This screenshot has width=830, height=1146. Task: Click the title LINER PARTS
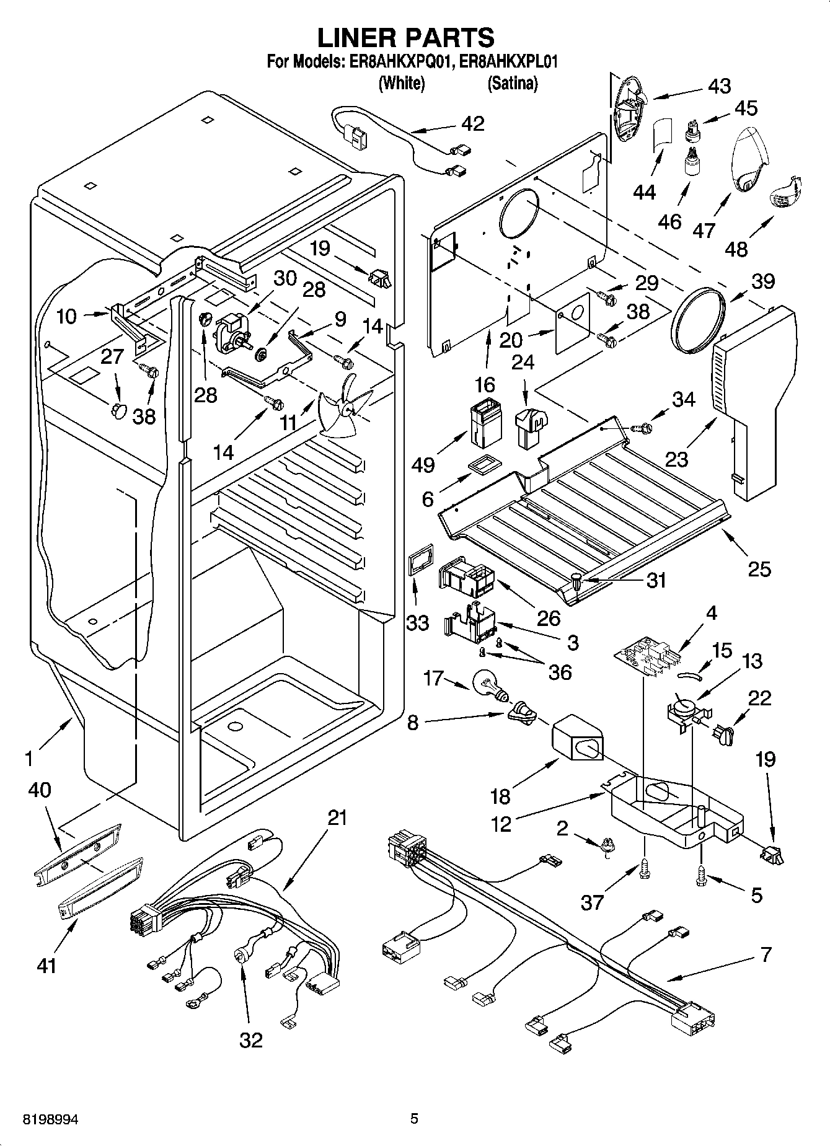(406, 38)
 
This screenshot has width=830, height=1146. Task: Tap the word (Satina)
(512, 83)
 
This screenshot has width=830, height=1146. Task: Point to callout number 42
(473, 123)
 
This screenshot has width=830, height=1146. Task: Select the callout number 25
(759, 568)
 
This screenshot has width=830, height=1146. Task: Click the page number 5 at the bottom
(415, 1119)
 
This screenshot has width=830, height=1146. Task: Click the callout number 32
(251, 1039)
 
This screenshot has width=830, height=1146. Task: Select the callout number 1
(29, 758)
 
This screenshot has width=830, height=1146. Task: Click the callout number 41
(46, 965)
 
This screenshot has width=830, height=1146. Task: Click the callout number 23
(677, 460)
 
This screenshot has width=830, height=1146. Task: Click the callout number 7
(766, 955)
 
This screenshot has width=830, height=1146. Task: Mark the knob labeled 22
(722, 734)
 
